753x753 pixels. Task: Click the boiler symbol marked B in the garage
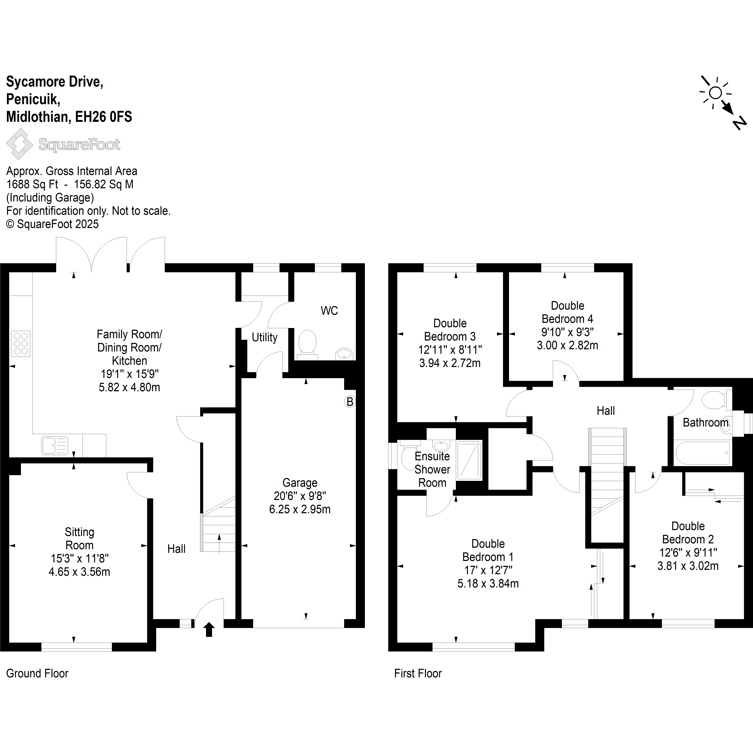pos(350,401)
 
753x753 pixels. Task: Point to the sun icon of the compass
pos(715,93)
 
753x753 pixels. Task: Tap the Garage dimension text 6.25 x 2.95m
pos(300,509)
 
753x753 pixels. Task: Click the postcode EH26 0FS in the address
pos(104,117)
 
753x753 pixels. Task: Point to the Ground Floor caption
pos(37,673)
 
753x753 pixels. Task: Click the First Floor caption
pos(418,673)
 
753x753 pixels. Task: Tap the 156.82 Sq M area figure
pos(104,184)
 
